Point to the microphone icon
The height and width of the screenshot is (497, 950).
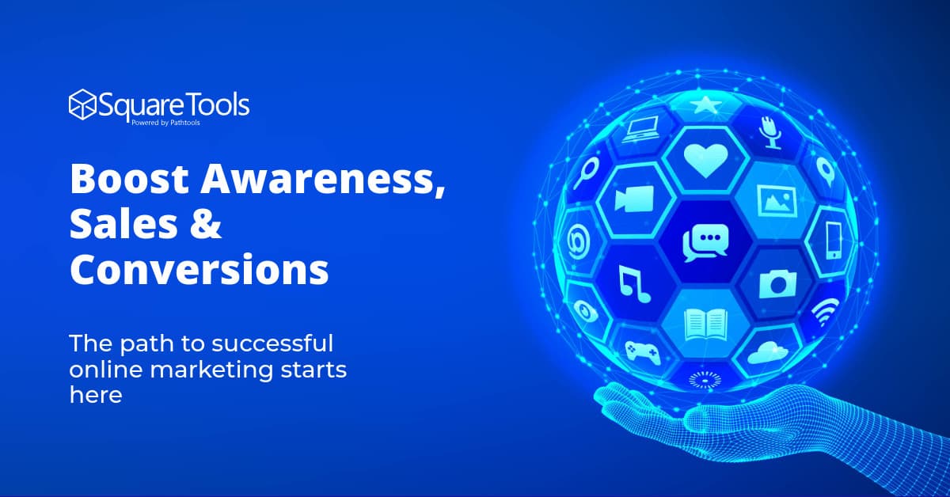click(769, 131)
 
